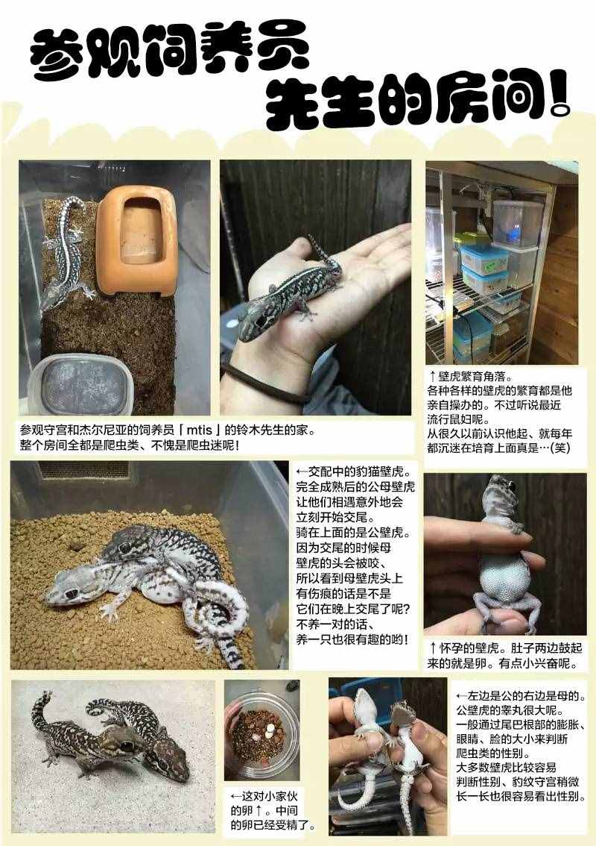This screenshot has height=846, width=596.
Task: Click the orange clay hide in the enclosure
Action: coord(137,239)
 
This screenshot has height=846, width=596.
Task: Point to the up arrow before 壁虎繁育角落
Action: coord(432,375)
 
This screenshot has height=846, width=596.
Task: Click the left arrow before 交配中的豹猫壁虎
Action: coord(301,471)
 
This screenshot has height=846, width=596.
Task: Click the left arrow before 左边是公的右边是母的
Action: coord(461,696)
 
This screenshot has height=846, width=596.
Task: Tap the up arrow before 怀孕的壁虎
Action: coord(433,648)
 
